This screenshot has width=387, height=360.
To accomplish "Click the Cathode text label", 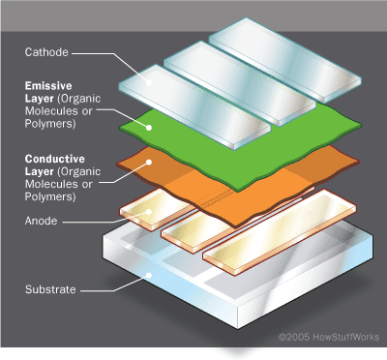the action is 46,52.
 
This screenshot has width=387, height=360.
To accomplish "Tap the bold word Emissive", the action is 48,86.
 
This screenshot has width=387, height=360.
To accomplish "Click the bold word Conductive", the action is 55,159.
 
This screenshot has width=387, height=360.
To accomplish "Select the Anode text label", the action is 41,221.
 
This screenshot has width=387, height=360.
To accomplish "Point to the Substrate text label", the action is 50,289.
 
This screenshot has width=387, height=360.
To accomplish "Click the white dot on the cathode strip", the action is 149,82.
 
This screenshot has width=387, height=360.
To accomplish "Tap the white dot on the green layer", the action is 149,128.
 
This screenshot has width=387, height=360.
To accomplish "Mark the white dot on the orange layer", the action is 149,162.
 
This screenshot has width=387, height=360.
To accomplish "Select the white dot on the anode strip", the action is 149,212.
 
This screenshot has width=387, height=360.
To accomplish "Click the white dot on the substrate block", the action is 149,275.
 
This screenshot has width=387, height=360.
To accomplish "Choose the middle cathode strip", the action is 240,83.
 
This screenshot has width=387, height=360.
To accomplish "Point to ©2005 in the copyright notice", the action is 294,337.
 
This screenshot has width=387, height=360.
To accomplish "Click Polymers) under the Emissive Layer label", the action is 50,124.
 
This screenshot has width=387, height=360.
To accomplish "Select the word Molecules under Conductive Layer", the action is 52,184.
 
